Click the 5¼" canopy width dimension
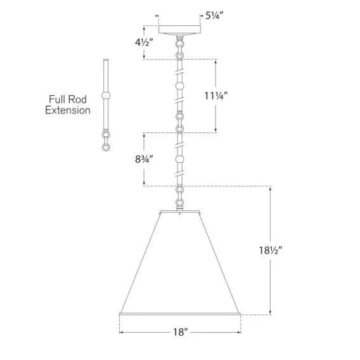coord(214,16)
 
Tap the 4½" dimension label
coord(144,42)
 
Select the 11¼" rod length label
coord(216,96)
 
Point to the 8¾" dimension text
coord(144,159)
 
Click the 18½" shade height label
coord(270,250)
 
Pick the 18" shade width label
coord(180,332)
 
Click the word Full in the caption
coord(55,100)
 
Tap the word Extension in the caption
coord(68,110)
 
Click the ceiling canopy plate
coord(180,30)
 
